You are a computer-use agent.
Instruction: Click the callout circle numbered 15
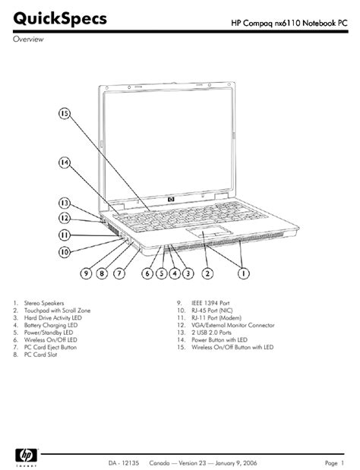coord(65,114)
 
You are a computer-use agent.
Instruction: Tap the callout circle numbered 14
coord(65,162)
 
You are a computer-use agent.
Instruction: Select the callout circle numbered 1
coord(244,273)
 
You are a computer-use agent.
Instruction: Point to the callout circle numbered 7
coord(119,273)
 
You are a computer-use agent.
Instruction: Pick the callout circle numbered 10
coord(65,252)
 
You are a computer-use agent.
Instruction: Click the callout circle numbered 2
coord(207,273)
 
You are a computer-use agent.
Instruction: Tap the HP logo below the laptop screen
coord(171,199)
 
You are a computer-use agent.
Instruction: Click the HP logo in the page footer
coord(27,456)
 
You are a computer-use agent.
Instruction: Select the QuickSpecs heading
coord(60,18)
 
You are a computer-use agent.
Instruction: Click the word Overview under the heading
coord(28,39)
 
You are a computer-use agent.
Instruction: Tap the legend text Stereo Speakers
coord(44,303)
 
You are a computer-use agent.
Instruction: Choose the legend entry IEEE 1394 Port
coord(210,303)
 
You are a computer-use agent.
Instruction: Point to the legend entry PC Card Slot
coord(40,355)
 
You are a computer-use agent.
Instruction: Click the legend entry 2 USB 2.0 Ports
coord(212,333)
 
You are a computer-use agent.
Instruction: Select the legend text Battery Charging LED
coord(51,325)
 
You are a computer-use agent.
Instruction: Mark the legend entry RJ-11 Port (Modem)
coord(216,317)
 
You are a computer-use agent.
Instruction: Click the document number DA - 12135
coord(124,463)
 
